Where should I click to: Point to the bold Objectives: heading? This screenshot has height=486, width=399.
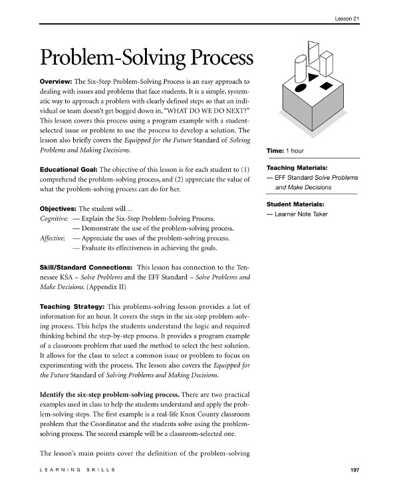coord(58,208)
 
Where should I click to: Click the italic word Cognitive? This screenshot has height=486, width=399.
coord(55,218)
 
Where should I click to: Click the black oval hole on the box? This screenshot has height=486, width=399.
coord(301,88)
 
